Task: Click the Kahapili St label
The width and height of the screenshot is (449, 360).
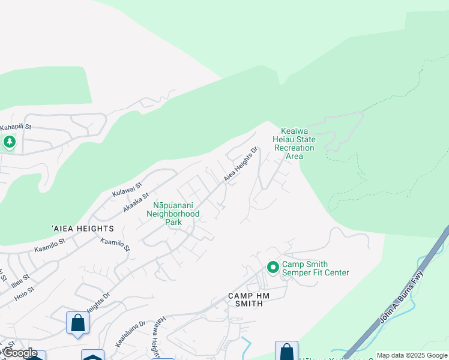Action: [x=16, y=127]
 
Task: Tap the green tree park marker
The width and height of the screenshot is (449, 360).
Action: [x=9, y=142]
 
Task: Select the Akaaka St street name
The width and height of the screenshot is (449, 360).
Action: [x=135, y=202]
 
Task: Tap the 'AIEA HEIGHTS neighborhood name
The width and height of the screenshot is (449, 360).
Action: [x=83, y=229]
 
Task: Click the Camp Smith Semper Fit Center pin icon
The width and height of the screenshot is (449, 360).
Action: [x=273, y=266]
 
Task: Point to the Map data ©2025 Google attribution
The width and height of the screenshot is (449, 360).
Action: [x=412, y=355]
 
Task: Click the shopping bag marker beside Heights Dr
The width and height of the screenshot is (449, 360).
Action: [x=78, y=323]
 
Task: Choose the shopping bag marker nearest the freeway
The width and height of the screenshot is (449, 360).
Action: [x=286, y=351]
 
